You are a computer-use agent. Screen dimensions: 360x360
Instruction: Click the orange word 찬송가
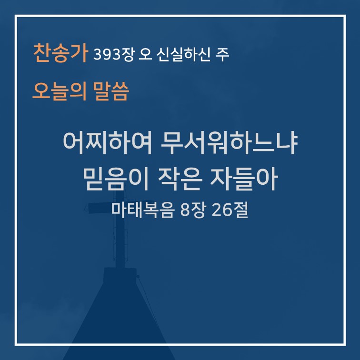pos(61,53)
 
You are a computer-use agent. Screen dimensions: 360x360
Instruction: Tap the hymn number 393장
pos(113,55)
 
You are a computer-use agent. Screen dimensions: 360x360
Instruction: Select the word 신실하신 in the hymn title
pos(184,55)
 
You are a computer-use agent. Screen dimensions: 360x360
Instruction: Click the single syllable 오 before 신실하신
pos(146,55)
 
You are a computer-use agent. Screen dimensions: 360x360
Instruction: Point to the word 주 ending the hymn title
pos(222,55)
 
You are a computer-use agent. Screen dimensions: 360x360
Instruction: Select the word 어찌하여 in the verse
pos(108,143)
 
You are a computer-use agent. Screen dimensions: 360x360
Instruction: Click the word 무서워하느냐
pos(229,143)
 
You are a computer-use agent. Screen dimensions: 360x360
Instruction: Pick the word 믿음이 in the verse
pos(116,179)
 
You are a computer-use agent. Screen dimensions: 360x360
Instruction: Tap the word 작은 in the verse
pos(180,179)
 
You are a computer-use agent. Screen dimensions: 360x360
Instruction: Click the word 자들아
pos(244,179)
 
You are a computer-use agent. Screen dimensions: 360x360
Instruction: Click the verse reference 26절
pos(230,210)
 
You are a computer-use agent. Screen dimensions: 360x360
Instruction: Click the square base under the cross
pos(120,275)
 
